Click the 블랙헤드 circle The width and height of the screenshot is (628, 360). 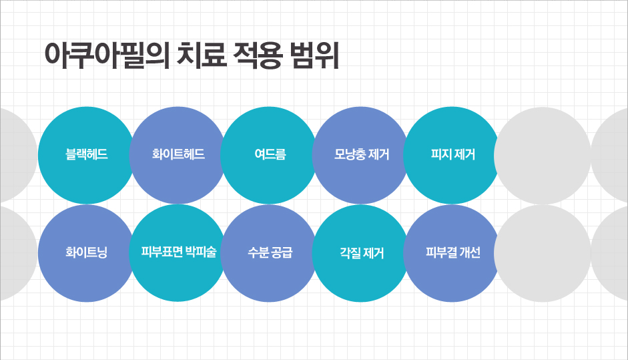pos(86,155)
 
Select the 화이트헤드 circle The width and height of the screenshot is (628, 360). pos(178,155)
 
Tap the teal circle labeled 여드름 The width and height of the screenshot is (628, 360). pos(269,155)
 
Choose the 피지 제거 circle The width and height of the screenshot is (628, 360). pos(452,155)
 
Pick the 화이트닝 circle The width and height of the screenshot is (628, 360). pos(86,253)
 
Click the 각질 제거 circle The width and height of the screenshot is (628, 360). pos(360,253)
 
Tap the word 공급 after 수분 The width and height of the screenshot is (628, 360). pos(282,252)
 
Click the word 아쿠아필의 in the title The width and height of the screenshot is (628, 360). pos(107,55)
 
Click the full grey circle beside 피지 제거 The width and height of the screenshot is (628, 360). pos(543,155)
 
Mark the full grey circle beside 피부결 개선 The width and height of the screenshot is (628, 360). pos(543,253)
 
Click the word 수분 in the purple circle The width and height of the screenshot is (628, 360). pos(258,252)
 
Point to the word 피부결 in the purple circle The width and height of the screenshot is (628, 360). pos(441,252)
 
